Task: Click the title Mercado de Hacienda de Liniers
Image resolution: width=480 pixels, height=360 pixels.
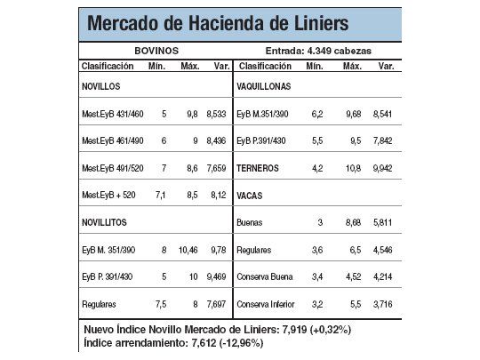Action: (218, 22)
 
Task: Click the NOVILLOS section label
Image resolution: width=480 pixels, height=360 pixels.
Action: (100, 86)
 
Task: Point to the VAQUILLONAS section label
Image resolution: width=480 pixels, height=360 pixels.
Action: (264, 86)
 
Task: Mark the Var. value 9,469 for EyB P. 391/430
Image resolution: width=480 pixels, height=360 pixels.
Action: (218, 276)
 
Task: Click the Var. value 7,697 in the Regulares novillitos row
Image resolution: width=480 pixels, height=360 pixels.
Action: (218, 303)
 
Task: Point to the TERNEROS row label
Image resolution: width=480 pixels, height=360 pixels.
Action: (259, 168)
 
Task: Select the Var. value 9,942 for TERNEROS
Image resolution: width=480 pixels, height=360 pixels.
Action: (381, 168)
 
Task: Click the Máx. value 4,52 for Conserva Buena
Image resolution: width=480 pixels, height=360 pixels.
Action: (351, 276)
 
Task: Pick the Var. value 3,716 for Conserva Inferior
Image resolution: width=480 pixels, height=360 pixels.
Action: (381, 303)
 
